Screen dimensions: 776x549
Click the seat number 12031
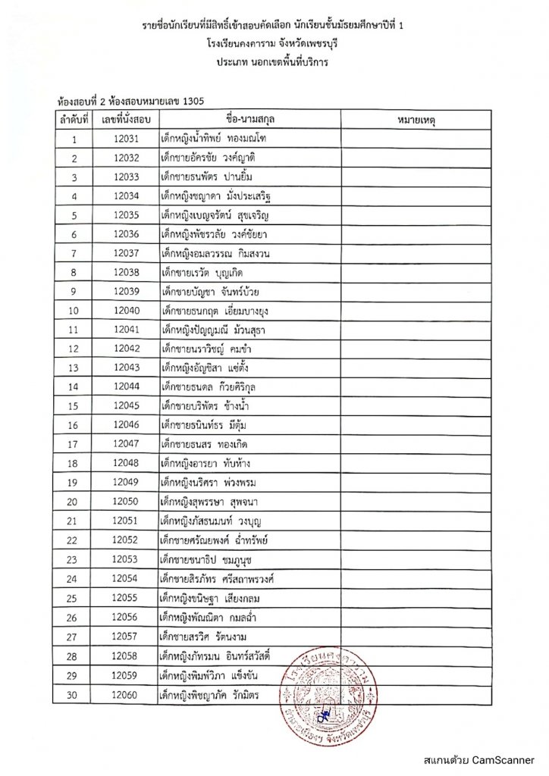click(x=125, y=139)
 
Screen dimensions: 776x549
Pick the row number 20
click(x=74, y=502)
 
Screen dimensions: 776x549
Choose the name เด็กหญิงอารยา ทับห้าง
click(x=207, y=463)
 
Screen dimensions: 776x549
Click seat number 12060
click(x=125, y=693)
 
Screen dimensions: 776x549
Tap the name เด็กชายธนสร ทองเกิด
click(x=205, y=444)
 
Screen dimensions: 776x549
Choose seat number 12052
click(x=125, y=540)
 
